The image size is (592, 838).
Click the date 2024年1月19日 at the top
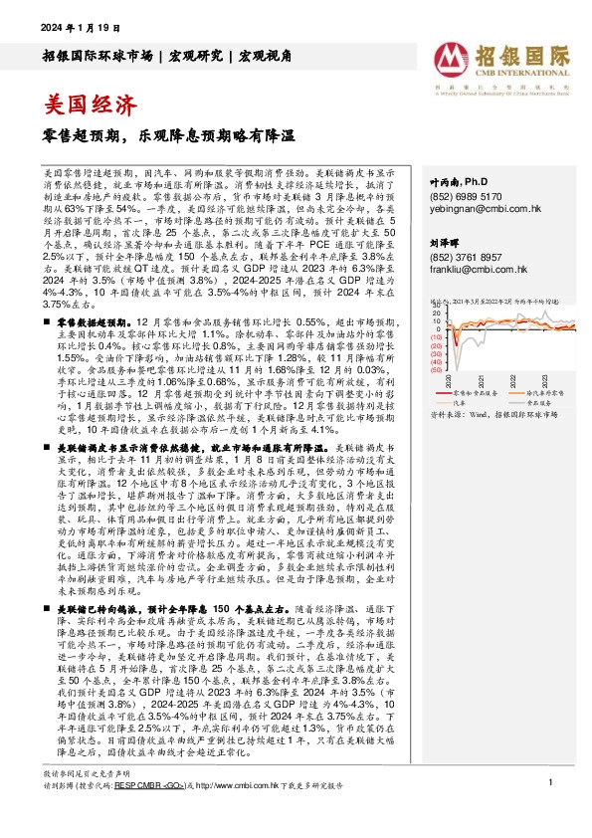point(77,26)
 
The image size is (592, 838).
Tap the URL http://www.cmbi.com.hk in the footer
point(246,814)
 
